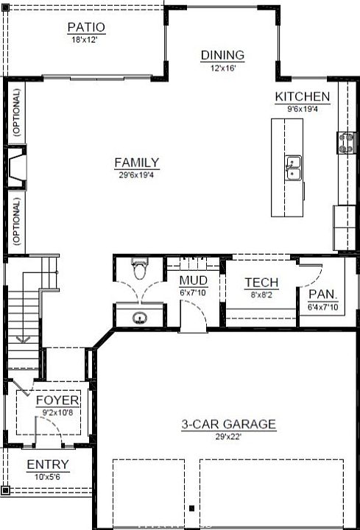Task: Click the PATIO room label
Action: click(x=86, y=27)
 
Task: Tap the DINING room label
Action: click(x=222, y=55)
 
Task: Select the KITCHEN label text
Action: click(x=302, y=96)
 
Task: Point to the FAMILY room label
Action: click(x=136, y=163)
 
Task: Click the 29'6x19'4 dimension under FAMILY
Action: click(x=136, y=175)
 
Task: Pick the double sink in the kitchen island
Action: click(x=293, y=168)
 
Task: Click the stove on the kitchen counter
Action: click(x=346, y=143)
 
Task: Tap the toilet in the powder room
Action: click(x=140, y=268)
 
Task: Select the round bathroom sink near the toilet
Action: click(x=139, y=318)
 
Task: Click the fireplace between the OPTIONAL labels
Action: click(x=16, y=167)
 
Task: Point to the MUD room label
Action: click(x=194, y=280)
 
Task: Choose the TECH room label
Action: click(x=261, y=282)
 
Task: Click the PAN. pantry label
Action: click(x=322, y=294)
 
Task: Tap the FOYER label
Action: click(x=57, y=400)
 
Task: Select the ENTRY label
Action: click(x=48, y=464)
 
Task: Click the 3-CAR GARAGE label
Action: click(x=229, y=424)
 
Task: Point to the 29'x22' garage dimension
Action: click(x=228, y=437)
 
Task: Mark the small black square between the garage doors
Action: click(x=191, y=508)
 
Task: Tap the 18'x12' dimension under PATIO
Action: click(x=85, y=40)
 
